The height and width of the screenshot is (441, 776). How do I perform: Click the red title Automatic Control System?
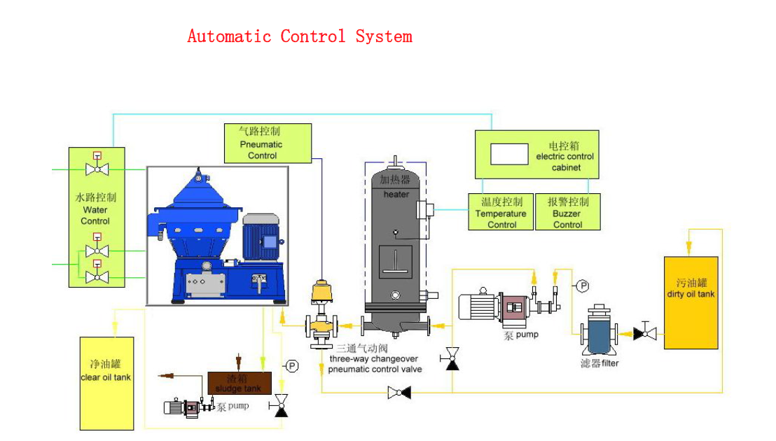point(300,36)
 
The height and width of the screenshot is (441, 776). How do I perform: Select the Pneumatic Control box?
point(267,143)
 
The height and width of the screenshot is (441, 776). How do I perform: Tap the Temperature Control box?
point(501,212)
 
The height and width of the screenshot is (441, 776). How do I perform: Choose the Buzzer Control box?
point(568,212)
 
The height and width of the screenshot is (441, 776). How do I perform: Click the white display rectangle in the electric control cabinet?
point(509,154)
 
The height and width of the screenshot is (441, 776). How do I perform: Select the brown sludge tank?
point(239,383)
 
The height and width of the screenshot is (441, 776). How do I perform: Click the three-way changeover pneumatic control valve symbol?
point(321,325)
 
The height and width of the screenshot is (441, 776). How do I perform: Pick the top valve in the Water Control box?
point(97,169)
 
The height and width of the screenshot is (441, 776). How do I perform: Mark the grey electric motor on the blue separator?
point(262,239)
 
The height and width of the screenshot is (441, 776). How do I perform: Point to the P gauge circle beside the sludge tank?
point(292,365)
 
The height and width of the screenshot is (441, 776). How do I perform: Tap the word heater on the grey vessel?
point(396,194)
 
